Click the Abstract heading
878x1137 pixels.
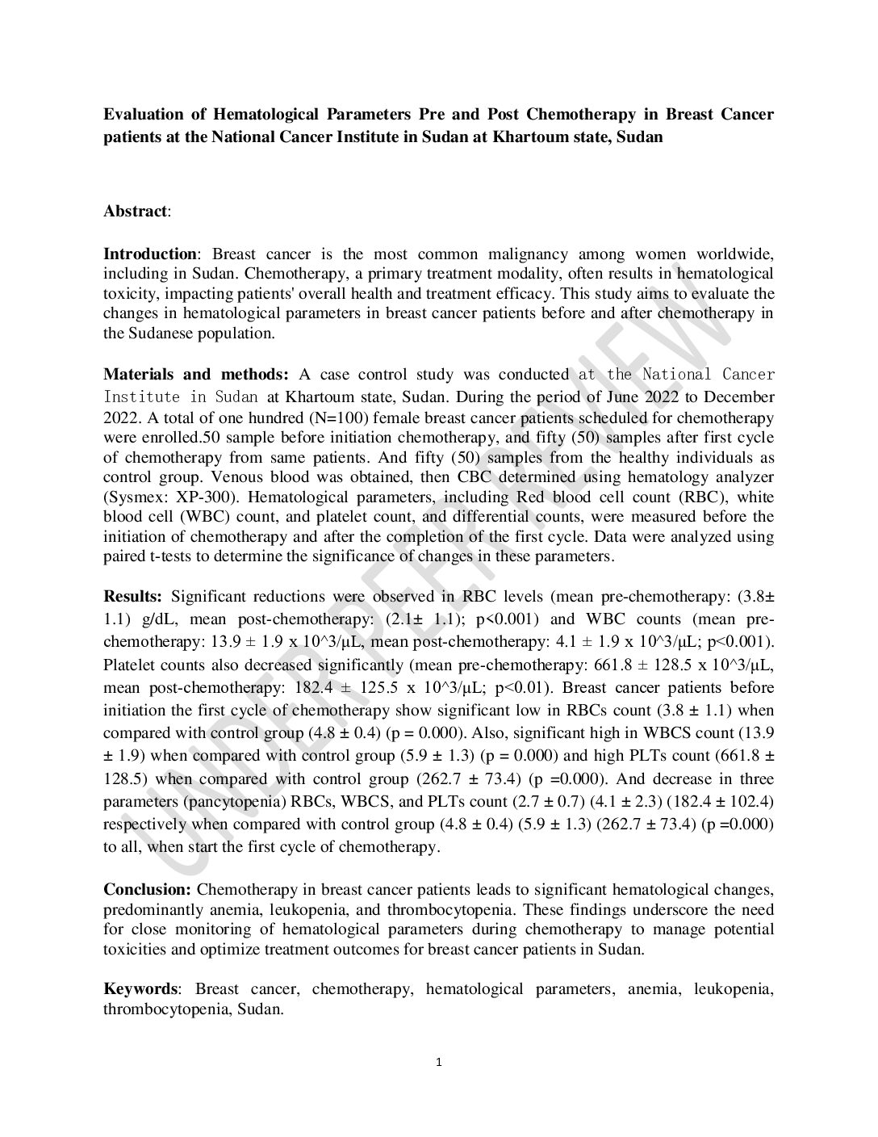(x=136, y=212)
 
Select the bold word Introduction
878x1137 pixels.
(x=149, y=254)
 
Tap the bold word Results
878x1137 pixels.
(x=132, y=597)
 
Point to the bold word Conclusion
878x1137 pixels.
(x=147, y=890)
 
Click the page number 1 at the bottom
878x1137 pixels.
(x=438, y=1062)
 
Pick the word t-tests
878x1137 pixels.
(x=161, y=556)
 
